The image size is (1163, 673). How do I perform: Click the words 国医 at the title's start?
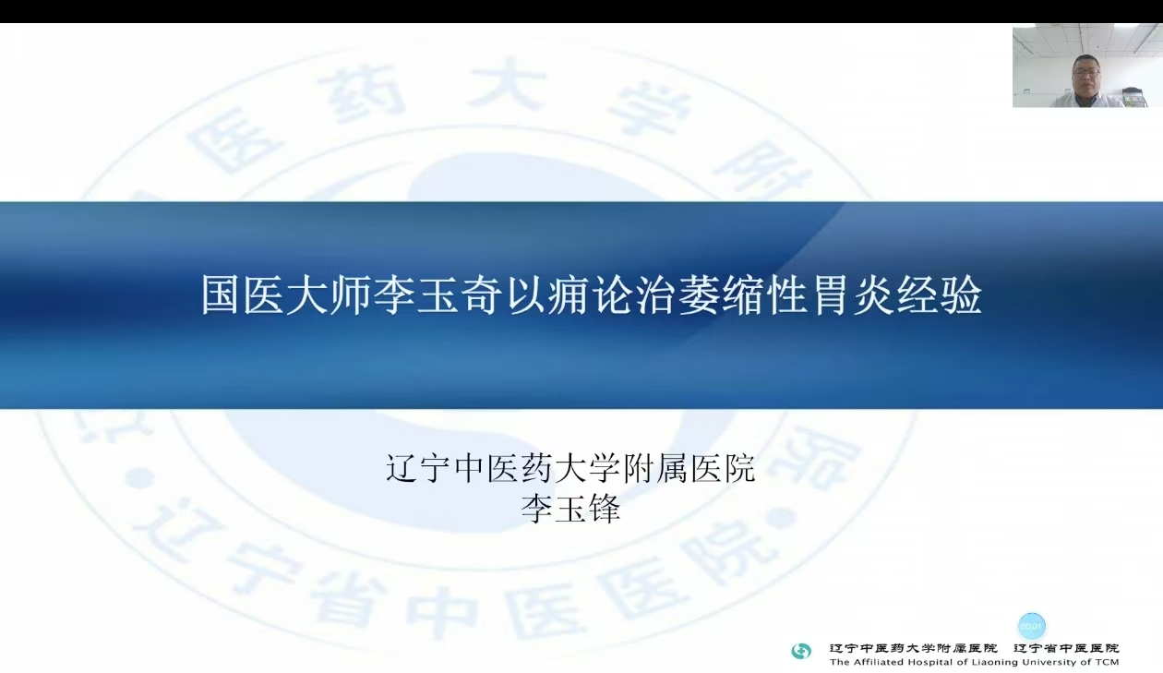[x=244, y=295]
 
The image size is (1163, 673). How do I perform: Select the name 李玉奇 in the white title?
[x=440, y=295]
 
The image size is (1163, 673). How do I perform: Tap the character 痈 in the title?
[x=570, y=295]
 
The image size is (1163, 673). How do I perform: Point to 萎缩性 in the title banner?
[x=742, y=295]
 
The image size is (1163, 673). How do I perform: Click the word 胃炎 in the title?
[x=851, y=295]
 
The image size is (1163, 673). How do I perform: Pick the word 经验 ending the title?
[x=939, y=295]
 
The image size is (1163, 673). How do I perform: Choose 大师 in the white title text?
[x=331, y=295]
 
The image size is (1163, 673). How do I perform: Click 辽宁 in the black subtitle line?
[x=418, y=468]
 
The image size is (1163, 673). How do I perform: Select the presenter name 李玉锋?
[x=570, y=508]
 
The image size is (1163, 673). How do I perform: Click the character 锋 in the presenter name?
[x=604, y=508]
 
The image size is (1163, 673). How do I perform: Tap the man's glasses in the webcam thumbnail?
[x=1085, y=70]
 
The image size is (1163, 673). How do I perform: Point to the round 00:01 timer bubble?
[x=1031, y=626]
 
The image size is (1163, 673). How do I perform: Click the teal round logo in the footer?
[x=800, y=651]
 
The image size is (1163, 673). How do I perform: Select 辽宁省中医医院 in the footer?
[x=1066, y=648]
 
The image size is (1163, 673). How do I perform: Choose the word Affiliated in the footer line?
[x=876, y=662]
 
